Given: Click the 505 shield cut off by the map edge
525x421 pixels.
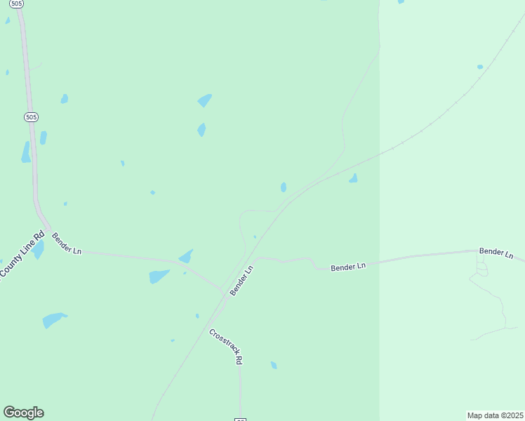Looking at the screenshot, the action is [17, 4].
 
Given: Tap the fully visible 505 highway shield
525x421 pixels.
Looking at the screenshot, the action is [30, 116].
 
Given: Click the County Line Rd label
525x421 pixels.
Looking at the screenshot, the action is [22, 253].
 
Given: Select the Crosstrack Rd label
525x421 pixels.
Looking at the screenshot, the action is [226, 346].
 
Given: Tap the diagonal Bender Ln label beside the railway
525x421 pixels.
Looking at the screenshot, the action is [241, 280].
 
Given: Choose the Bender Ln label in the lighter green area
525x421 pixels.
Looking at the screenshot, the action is [496, 252].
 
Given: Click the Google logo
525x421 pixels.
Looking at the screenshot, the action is [23, 413].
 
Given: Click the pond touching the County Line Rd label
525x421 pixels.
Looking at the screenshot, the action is [38, 249].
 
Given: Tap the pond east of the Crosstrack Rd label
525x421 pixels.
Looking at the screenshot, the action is [274, 365].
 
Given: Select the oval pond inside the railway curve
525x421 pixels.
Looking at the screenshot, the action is [284, 187].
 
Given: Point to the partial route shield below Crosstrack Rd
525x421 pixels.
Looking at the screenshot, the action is [240, 419].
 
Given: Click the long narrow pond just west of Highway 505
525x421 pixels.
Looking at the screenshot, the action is [26, 152].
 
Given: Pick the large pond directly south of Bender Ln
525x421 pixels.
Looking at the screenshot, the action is [159, 276].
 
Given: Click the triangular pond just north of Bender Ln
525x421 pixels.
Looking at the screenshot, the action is [187, 256].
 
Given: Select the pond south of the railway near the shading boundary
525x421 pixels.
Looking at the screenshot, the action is [353, 179].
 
